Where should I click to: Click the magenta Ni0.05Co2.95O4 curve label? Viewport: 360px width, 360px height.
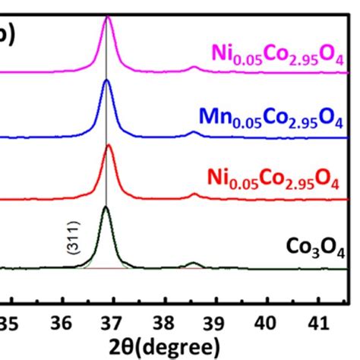tap(276, 54)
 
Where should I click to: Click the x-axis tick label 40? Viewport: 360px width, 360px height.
tap(265, 324)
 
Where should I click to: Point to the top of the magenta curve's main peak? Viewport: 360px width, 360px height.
tap(107, 17)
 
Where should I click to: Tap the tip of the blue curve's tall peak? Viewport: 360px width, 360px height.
tap(107, 81)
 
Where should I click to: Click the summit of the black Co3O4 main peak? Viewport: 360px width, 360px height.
tap(106, 207)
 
